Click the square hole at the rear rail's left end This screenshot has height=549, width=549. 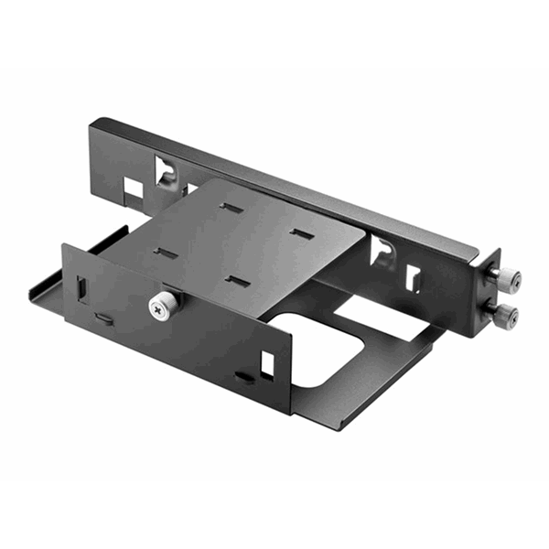pos(134,188)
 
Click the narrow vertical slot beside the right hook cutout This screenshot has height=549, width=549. pos(413,277)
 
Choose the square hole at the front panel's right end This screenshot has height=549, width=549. pos(267,363)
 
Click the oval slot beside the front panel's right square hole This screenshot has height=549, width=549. pos(243,376)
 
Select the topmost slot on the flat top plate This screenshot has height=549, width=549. pos(231,208)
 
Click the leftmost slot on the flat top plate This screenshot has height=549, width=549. pos(165,253)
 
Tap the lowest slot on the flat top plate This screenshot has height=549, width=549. pos(237,280)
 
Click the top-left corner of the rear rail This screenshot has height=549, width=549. pos(92,122)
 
